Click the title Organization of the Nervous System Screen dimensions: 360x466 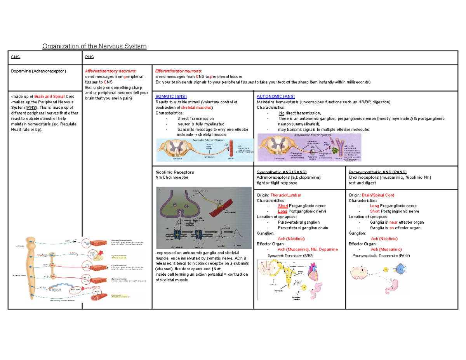(94, 46)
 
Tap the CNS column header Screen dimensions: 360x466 (15, 57)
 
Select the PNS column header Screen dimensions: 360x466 (89, 57)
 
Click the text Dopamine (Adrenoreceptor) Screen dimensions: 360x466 (38, 71)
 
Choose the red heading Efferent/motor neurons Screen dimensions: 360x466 (178, 71)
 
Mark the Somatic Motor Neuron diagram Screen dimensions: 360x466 (204, 150)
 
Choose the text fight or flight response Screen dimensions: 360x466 (277, 183)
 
